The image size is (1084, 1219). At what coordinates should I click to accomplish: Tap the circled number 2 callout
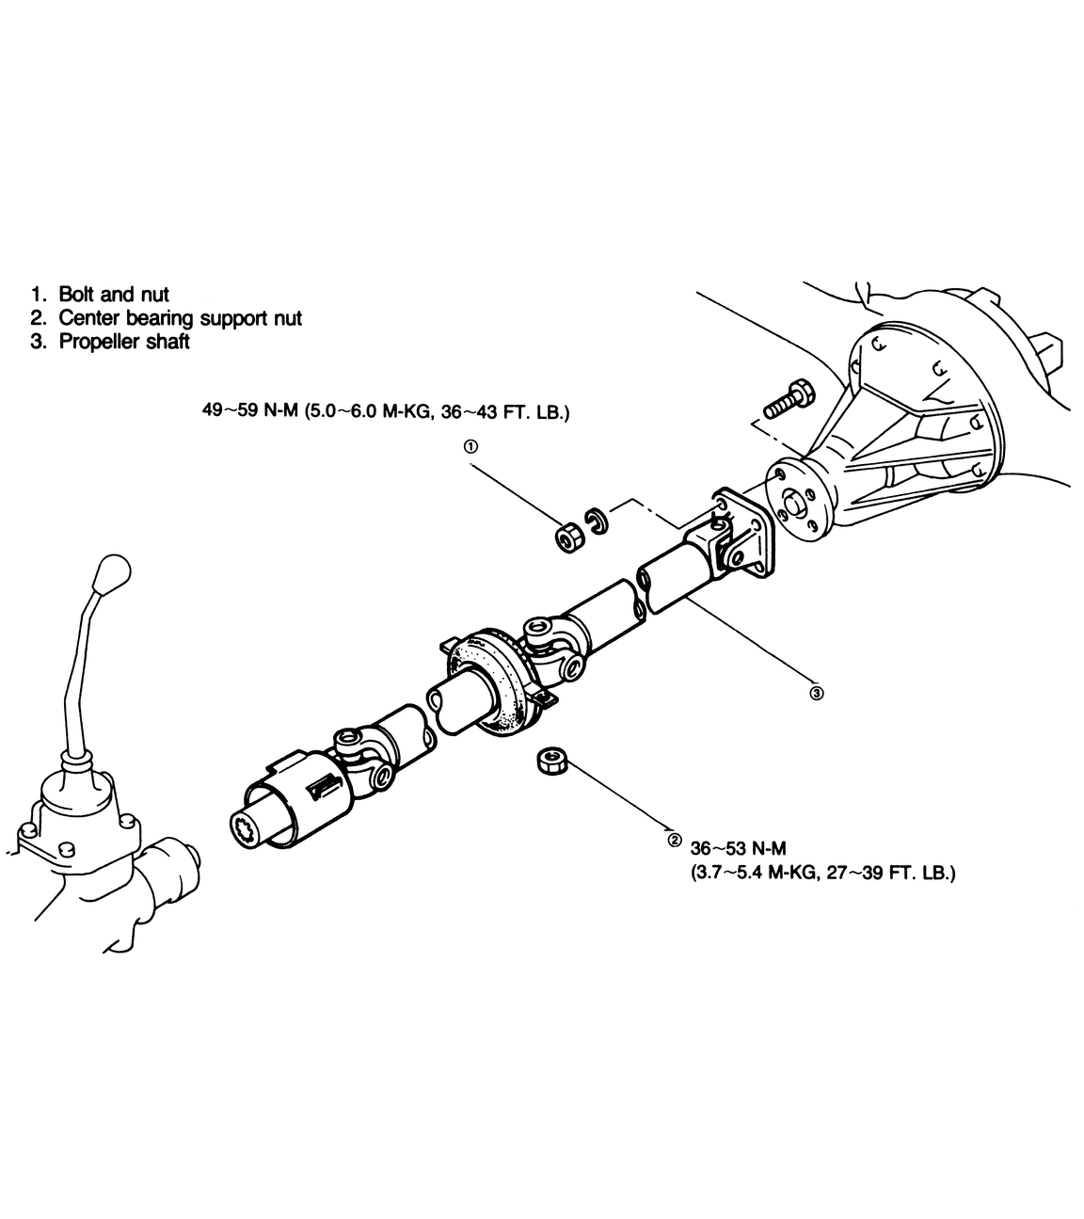coord(673,840)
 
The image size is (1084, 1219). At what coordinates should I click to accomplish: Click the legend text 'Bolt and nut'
coord(113,295)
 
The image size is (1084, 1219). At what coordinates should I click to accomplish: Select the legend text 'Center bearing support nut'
coord(180,318)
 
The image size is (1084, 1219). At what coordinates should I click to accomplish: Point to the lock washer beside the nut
coord(596,523)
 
